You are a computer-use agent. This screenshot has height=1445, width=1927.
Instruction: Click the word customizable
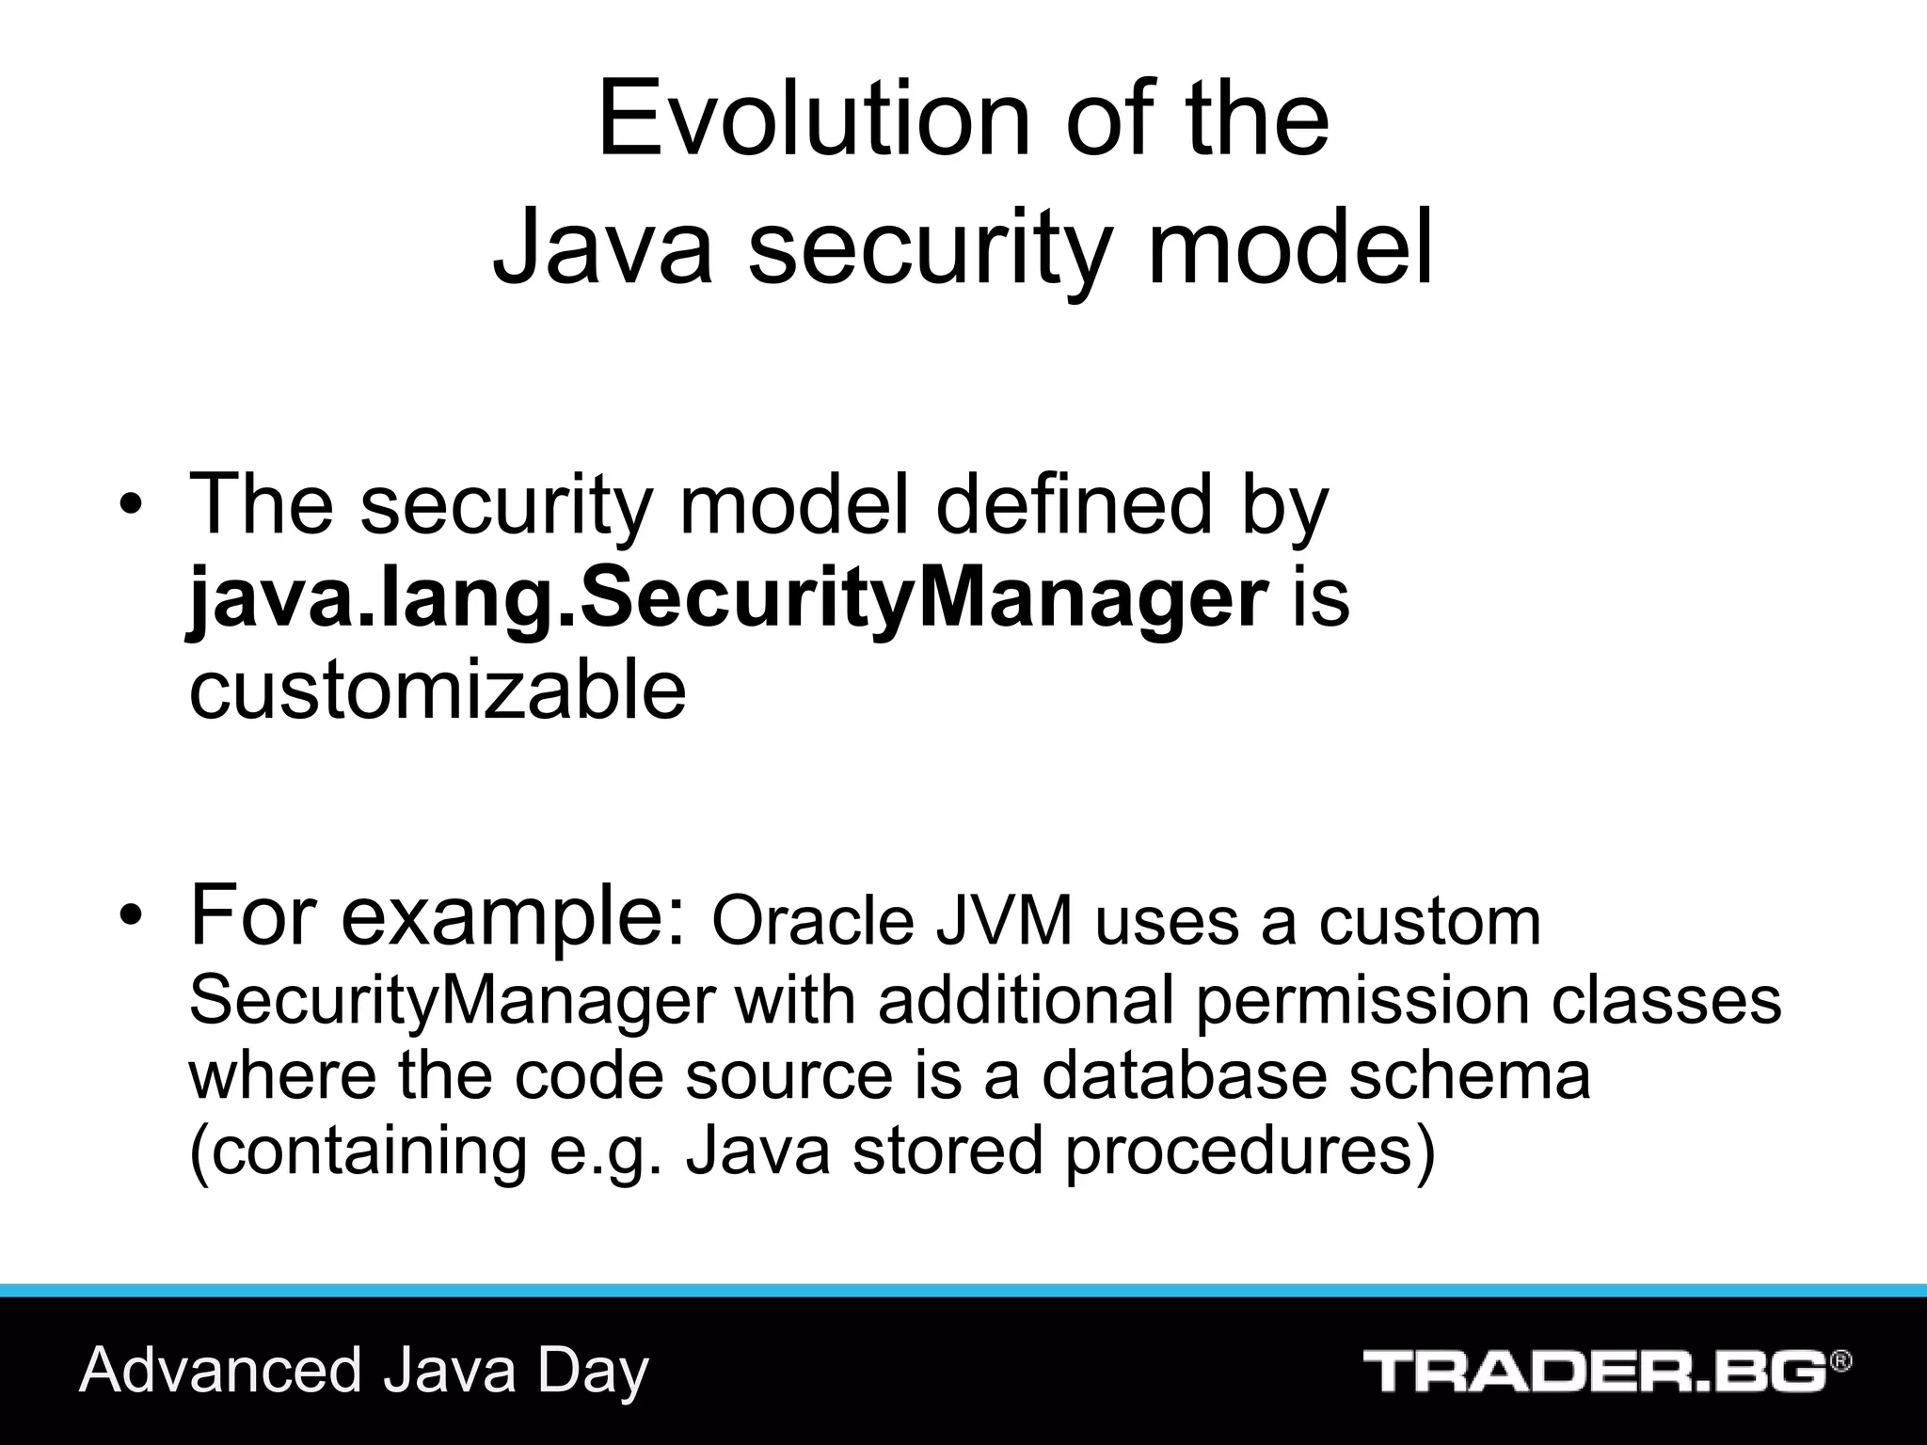438,691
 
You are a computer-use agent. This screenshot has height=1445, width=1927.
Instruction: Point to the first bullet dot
130,508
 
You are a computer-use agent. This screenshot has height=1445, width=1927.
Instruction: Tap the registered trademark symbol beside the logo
1840,1361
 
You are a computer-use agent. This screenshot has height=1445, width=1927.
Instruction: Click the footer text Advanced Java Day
364,1371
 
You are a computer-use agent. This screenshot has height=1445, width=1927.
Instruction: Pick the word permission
1362,1000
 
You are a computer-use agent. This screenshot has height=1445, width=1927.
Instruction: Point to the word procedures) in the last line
1250,1152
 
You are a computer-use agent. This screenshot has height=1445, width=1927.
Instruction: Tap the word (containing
358,1152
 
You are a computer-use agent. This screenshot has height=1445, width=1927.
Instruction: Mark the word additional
1026,1000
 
